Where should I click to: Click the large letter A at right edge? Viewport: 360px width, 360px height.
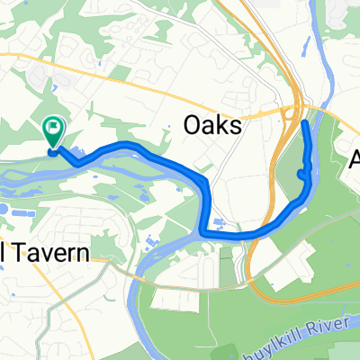[x=355, y=161]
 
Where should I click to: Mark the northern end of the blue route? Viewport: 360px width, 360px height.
[x=304, y=122]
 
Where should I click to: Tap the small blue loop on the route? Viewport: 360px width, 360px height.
[x=301, y=174]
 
